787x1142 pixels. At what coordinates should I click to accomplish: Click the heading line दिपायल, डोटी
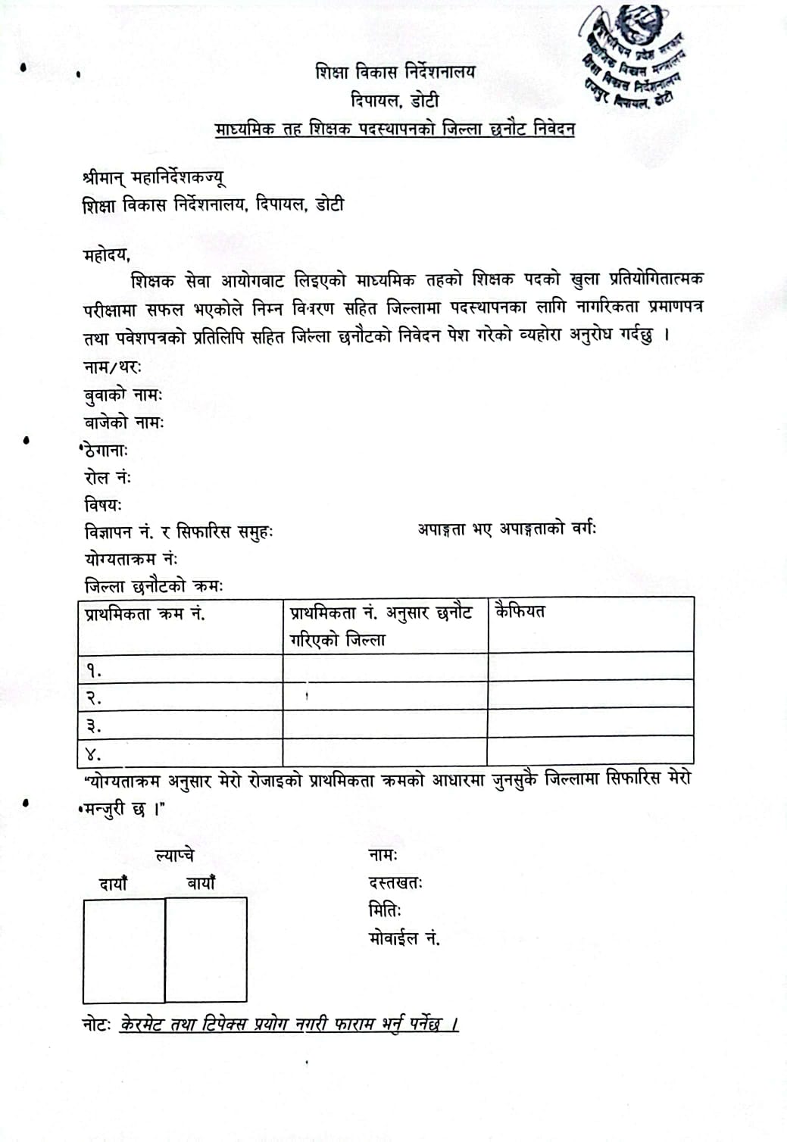point(395,101)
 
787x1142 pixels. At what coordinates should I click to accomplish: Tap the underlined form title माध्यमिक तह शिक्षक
point(395,129)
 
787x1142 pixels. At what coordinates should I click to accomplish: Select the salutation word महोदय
point(106,254)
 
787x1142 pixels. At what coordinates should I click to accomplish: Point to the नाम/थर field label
point(112,367)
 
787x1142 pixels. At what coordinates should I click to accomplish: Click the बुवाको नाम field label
point(123,395)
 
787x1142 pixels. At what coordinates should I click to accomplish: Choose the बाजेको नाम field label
point(123,423)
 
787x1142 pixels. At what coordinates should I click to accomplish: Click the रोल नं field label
point(108,478)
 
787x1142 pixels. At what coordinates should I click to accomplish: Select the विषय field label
point(102,504)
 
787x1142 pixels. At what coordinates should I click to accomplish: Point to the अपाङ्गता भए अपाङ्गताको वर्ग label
point(507,529)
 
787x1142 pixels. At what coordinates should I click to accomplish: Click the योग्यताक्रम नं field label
point(130,560)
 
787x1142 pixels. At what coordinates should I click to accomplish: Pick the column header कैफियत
point(520,611)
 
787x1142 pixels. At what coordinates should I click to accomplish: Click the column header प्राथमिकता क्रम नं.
point(145,613)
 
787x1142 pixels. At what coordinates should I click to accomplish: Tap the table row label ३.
point(93,726)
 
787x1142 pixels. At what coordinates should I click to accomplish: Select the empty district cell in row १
point(385,667)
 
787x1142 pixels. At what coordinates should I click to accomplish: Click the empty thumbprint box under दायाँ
point(123,950)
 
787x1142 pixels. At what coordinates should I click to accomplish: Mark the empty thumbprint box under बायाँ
point(206,950)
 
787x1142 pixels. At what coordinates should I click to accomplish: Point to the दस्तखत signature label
point(395,883)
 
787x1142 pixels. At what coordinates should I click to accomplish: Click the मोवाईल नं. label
point(404,939)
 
